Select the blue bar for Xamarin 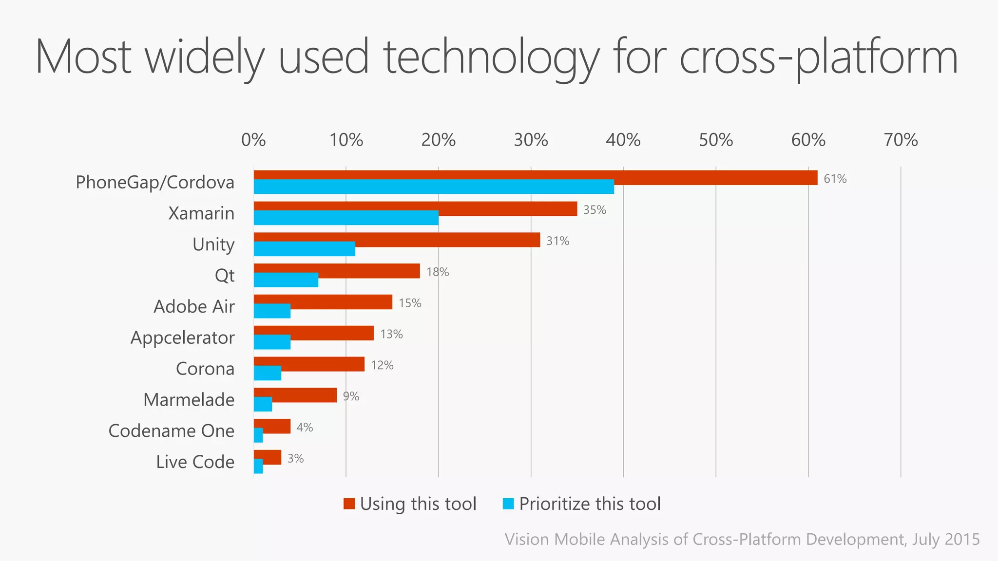[x=346, y=218]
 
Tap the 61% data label [x=835, y=179]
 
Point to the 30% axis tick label [x=531, y=140]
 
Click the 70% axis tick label [x=901, y=140]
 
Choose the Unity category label [x=213, y=244]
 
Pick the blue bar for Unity [x=304, y=249]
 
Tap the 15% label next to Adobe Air [x=410, y=303]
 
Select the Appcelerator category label [x=182, y=337]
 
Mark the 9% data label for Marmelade [x=351, y=396]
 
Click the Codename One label [x=171, y=431]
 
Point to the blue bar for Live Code [x=258, y=467]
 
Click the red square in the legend [x=349, y=504]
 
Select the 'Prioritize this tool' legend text [x=590, y=504]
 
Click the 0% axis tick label [x=253, y=140]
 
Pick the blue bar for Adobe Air [x=272, y=311]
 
